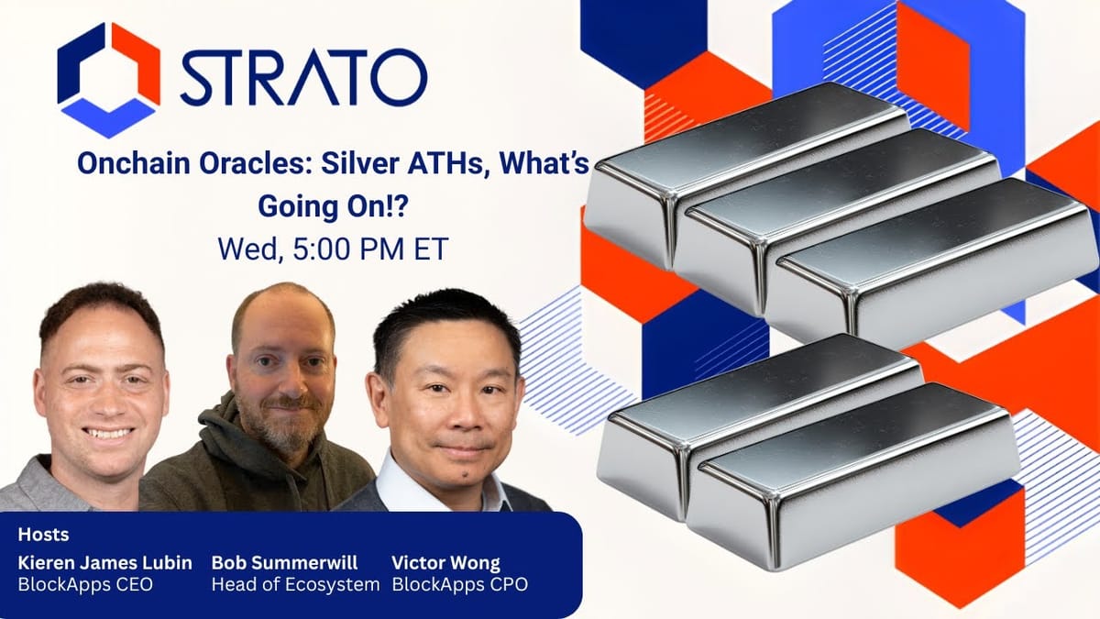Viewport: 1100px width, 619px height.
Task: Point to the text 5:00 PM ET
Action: coord(365,249)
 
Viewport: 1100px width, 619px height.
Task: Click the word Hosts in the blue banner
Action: coord(43,535)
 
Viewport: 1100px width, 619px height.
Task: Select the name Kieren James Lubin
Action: coord(105,562)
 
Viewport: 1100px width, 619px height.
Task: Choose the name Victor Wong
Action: coord(445,562)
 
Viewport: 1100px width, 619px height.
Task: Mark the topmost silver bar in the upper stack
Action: coord(742,170)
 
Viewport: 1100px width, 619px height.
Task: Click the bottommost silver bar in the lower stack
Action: coord(852,477)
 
